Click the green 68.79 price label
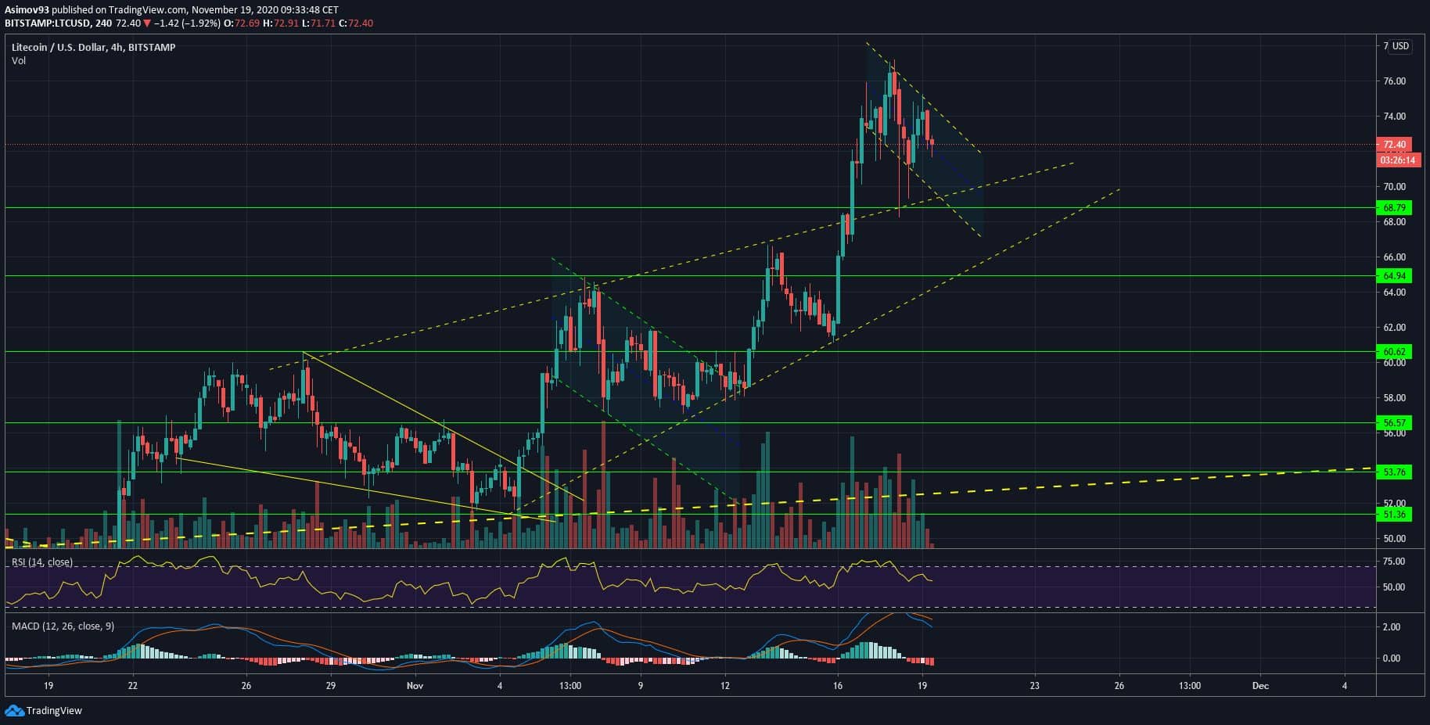point(1394,208)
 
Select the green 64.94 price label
point(1394,276)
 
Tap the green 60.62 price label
point(1394,352)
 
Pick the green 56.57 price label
point(1394,423)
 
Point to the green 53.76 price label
point(1394,472)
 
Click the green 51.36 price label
point(1394,515)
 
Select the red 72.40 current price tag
point(1394,145)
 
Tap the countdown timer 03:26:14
point(1397,160)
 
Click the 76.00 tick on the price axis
point(1394,81)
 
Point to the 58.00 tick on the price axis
point(1394,398)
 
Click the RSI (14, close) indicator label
point(42,562)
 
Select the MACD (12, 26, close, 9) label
point(63,626)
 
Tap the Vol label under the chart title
point(19,61)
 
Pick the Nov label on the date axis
point(415,686)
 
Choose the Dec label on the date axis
point(1259,686)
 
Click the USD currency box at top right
point(1399,46)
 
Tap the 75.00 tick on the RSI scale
point(1394,562)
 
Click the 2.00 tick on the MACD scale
point(1392,627)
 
